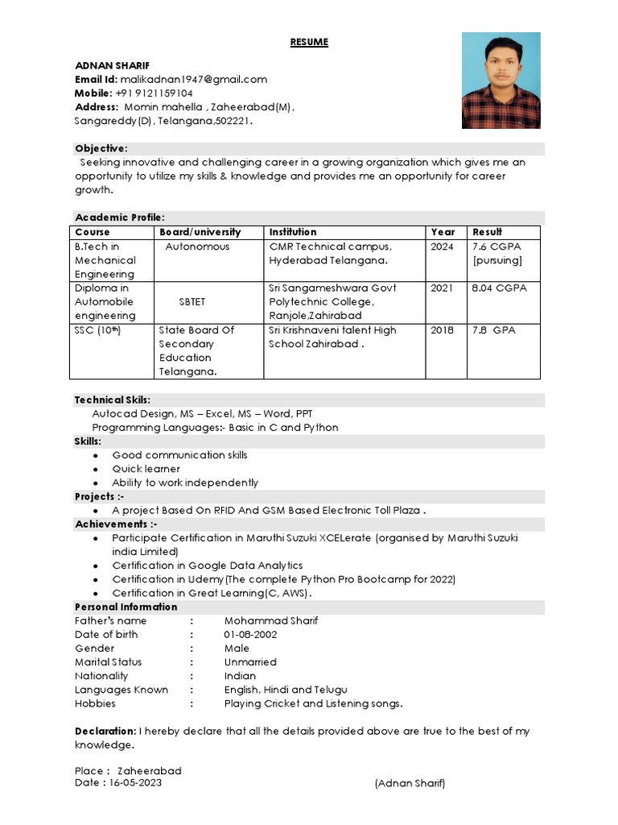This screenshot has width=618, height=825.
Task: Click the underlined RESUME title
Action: pos(309,42)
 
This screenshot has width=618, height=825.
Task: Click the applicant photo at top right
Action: pos(501,81)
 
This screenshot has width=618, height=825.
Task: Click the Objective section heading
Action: pos(101,148)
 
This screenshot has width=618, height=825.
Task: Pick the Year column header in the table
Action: pos(443,232)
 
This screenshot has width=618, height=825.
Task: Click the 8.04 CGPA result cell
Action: pos(500,288)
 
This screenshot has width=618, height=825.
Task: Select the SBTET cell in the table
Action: pos(192,301)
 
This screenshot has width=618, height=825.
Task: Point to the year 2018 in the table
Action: pos(442,330)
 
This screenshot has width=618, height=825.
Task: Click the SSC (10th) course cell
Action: pos(97,330)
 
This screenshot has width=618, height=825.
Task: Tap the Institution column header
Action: pos(293,232)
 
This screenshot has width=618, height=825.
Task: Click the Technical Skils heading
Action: pos(113,400)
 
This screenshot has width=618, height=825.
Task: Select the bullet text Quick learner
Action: pos(146,469)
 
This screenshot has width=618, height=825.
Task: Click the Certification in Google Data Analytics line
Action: pos(207,566)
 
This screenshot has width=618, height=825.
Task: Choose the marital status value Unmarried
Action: pos(250,661)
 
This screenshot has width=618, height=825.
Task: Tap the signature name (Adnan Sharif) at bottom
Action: pos(410,783)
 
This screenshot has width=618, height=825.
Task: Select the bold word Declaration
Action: pos(105,731)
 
